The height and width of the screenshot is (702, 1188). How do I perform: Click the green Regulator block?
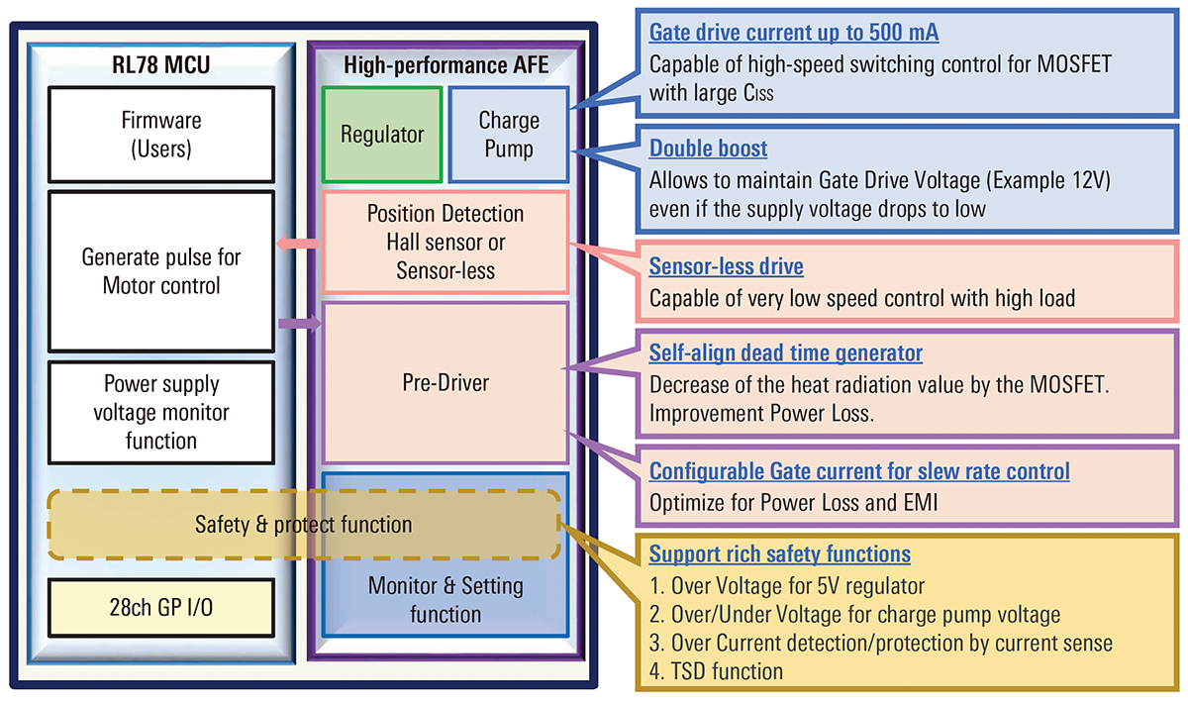(382, 135)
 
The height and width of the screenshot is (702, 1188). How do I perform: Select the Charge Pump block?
(509, 135)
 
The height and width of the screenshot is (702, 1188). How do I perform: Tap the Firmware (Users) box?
(161, 135)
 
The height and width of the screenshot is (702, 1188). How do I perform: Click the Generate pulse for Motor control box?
(161, 271)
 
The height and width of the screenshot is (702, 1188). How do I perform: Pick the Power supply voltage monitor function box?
(161, 412)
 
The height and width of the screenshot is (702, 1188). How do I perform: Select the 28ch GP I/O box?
(161, 607)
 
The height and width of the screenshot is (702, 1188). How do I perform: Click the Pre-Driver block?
(445, 382)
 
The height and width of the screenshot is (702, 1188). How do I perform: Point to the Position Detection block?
(445, 242)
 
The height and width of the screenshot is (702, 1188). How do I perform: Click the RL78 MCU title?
(161, 66)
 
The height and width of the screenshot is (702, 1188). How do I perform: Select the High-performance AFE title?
(445, 66)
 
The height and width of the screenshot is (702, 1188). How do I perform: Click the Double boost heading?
(708, 149)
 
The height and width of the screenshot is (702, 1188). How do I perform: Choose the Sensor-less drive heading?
(726, 266)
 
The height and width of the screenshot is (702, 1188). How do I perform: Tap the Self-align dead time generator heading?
(785, 352)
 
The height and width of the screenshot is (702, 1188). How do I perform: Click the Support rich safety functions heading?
(779, 553)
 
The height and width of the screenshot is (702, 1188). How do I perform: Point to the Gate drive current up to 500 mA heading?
(793, 33)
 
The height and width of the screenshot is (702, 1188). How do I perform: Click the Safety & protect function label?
(303, 524)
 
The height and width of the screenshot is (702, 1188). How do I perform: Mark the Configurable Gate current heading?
(858, 470)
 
